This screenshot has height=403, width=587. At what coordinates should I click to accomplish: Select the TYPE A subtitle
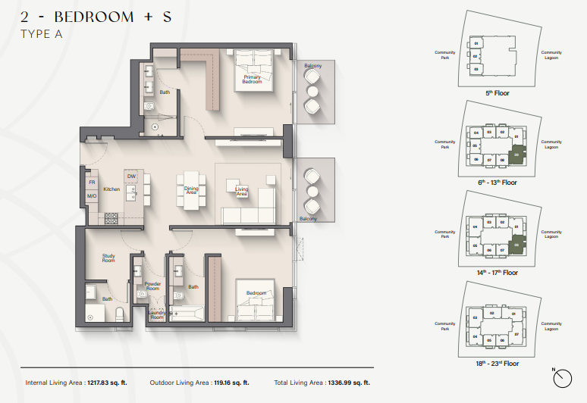coord(42,34)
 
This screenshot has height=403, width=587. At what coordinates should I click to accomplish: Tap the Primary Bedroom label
coord(252,80)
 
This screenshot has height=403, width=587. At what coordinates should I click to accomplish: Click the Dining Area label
coord(191,191)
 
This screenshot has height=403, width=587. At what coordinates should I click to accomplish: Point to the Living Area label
coord(241,192)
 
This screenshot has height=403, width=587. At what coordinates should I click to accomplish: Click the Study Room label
coord(108,258)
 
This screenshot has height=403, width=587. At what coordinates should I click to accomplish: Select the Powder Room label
coord(152,286)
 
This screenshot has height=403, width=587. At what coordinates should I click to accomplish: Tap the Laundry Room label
coord(156,316)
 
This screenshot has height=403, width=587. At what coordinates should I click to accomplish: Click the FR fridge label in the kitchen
coord(91,183)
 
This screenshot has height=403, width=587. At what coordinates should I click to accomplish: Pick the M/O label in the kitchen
coord(91,196)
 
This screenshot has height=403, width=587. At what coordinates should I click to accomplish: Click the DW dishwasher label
coord(131,177)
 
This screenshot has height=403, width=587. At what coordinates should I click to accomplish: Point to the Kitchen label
coord(111,189)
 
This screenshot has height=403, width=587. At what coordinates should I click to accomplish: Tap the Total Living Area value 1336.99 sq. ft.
coord(350,383)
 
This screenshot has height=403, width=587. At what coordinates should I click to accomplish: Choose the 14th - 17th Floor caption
coord(497,272)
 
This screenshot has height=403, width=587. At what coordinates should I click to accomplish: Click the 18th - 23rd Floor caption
coord(497,363)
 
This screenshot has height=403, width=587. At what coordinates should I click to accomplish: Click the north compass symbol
coord(562,376)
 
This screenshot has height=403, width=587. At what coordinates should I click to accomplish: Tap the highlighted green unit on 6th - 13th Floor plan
coord(517,154)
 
